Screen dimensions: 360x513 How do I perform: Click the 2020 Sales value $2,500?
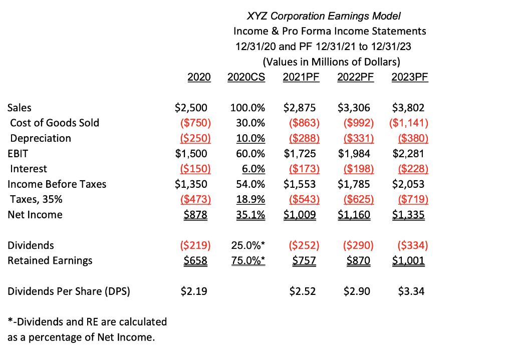[191, 108]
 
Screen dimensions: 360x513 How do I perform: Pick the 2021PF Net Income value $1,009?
[300, 215]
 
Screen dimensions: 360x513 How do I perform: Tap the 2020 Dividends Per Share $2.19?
[193, 291]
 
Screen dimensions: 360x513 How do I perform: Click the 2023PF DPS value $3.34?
[411, 291]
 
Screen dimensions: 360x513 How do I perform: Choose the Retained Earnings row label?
[50, 260]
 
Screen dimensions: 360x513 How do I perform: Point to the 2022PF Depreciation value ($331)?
[357, 138]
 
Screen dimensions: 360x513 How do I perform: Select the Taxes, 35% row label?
[36, 199]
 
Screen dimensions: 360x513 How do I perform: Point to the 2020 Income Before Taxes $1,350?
[191, 184]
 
